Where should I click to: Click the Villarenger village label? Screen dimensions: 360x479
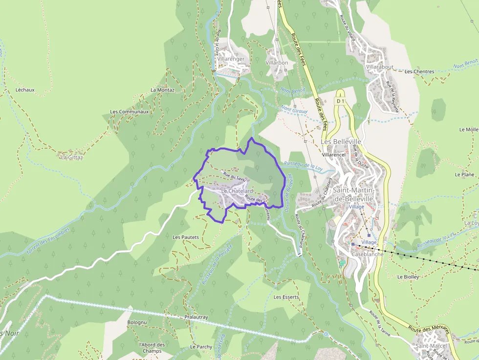[231, 59]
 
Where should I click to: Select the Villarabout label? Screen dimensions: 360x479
[380, 67]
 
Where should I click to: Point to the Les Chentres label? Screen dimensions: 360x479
[419, 72]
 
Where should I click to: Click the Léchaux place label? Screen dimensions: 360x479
[25, 90]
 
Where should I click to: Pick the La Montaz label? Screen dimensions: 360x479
[162, 90]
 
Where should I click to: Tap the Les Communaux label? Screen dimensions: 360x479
[129, 111]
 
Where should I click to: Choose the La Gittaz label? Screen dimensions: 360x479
[72, 157]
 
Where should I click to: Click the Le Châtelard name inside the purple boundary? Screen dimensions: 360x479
[237, 191]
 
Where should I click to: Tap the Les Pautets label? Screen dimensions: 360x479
[186, 237]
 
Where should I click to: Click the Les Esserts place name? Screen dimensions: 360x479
[286, 297]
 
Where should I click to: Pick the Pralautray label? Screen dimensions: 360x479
[196, 317]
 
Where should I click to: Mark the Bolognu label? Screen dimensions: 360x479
[137, 323]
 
